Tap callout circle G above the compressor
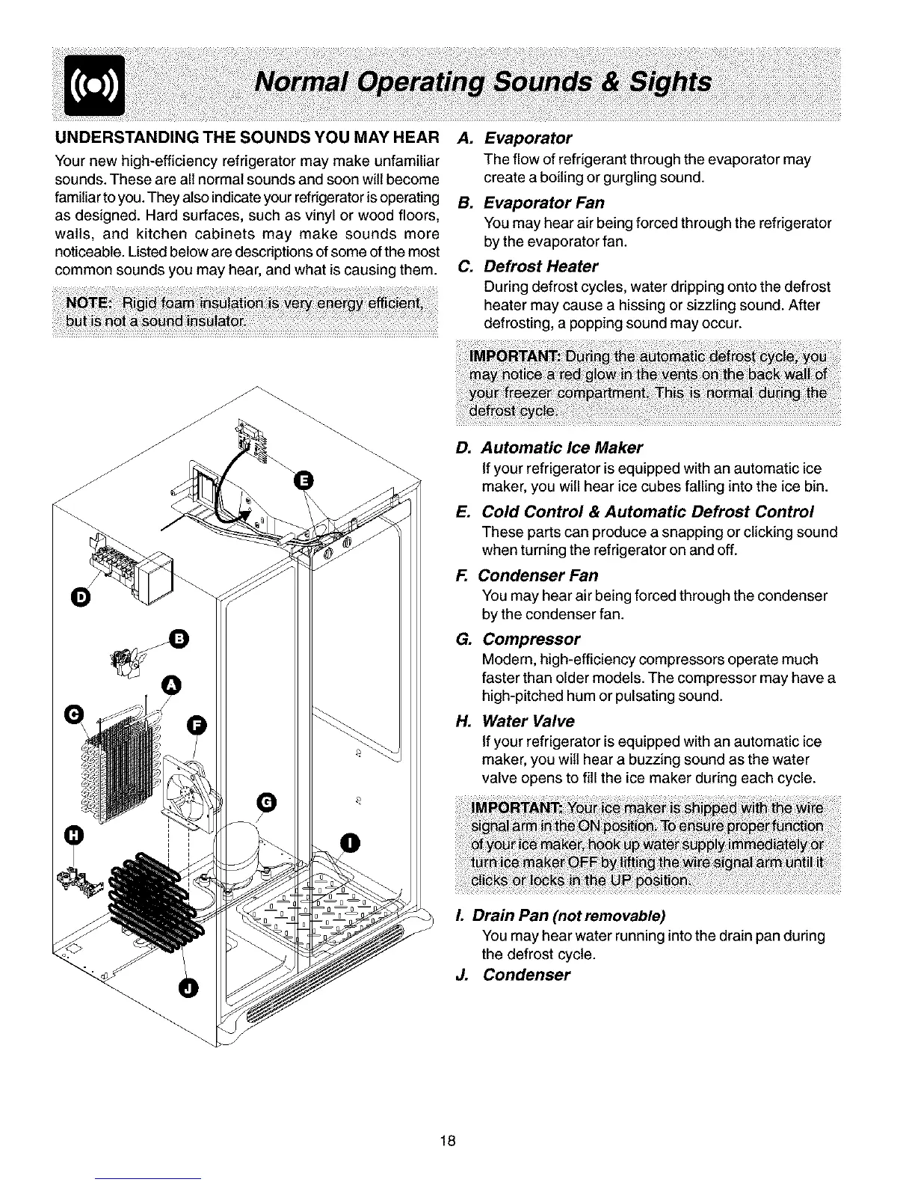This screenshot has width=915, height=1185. tap(268, 802)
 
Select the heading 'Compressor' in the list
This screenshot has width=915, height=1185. tap(531, 640)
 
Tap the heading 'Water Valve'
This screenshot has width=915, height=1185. tap(528, 721)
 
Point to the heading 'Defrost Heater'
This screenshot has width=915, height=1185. tap(540, 267)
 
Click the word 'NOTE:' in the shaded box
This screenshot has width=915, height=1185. tap(89, 303)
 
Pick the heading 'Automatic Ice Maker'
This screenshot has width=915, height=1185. tap(561, 448)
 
